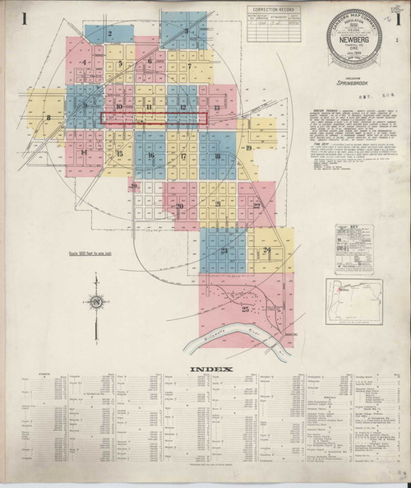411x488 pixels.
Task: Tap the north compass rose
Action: click(x=98, y=304)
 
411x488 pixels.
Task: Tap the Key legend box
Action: click(x=353, y=247)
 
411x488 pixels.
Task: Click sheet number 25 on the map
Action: click(x=222, y=307)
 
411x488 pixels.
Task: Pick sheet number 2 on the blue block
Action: click(x=109, y=34)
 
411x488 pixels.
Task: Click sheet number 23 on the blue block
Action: click(x=224, y=249)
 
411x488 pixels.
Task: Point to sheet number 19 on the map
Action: click(x=247, y=147)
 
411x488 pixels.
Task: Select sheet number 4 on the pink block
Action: click(x=85, y=62)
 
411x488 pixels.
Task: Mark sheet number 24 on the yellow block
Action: click(x=266, y=250)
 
